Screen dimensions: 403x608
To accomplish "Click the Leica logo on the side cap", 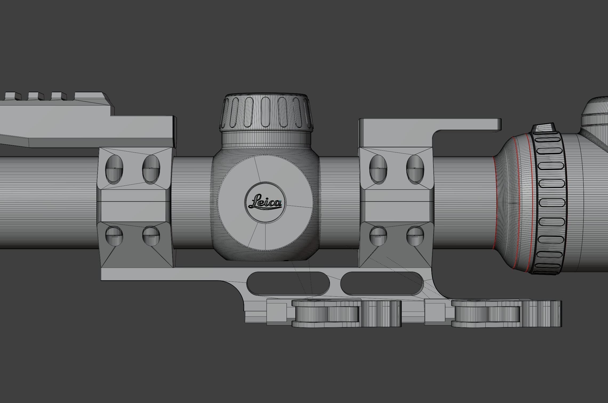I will point(265,203).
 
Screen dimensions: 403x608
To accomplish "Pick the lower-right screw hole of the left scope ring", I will point(151,236).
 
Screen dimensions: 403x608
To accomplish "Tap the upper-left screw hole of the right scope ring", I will point(378,169).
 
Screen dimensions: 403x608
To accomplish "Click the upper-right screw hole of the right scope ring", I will point(415,169).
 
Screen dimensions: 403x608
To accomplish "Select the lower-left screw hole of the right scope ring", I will point(378,236).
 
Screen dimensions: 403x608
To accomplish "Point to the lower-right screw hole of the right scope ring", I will point(415,236).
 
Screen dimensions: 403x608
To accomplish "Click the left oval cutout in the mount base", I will point(288,283).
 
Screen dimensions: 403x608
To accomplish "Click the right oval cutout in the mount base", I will point(382,283).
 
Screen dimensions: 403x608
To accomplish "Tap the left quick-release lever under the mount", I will point(347,313).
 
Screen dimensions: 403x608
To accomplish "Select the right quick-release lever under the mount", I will point(506,313).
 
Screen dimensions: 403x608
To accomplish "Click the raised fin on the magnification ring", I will point(543,128).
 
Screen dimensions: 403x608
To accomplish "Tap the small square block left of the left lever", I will point(277,312).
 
